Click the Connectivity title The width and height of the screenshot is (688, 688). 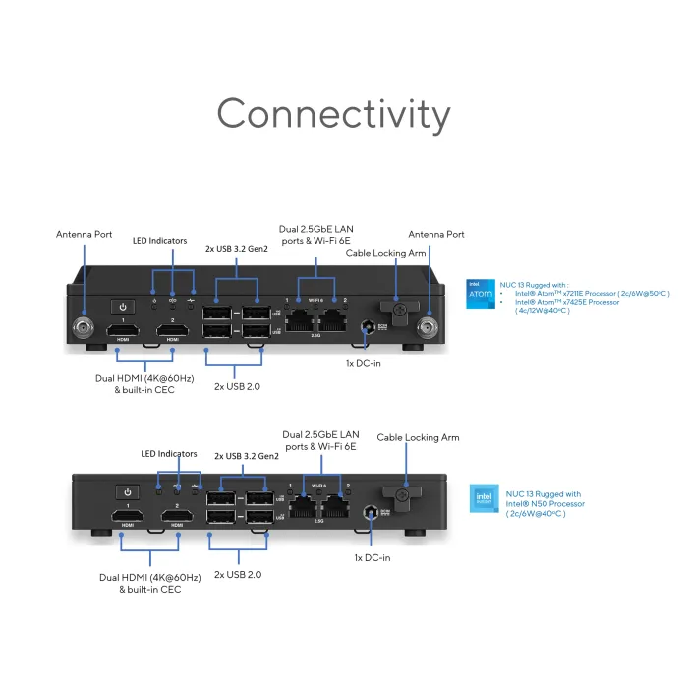333,114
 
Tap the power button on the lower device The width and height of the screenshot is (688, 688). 127,491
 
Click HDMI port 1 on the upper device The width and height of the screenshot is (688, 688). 123,329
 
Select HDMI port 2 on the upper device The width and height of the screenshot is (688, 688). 174,329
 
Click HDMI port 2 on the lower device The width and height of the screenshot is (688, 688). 177,516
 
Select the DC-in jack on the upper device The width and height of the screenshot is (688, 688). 367,325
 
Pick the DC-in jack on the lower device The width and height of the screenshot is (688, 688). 372,512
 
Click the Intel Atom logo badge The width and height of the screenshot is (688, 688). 480,294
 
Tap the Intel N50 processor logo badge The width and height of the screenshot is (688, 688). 484,499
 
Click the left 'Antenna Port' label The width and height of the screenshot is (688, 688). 84,234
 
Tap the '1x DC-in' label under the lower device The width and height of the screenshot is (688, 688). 373,557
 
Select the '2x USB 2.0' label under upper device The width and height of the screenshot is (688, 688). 239,387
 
